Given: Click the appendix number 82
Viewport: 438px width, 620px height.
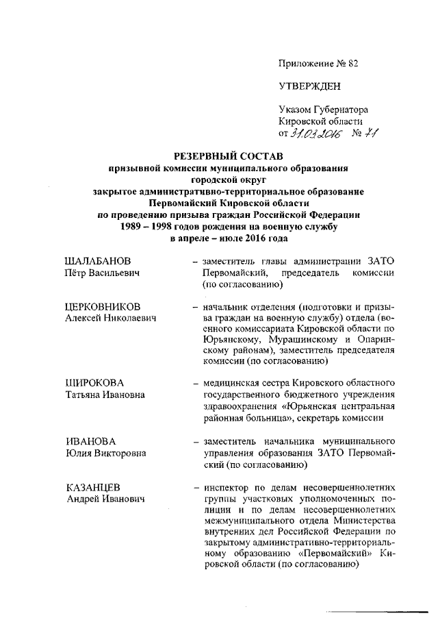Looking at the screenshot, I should click(353, 63).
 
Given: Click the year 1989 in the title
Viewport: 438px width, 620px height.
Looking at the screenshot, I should click(134, 225).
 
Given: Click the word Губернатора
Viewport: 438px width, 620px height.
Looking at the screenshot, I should click(342, 110).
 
